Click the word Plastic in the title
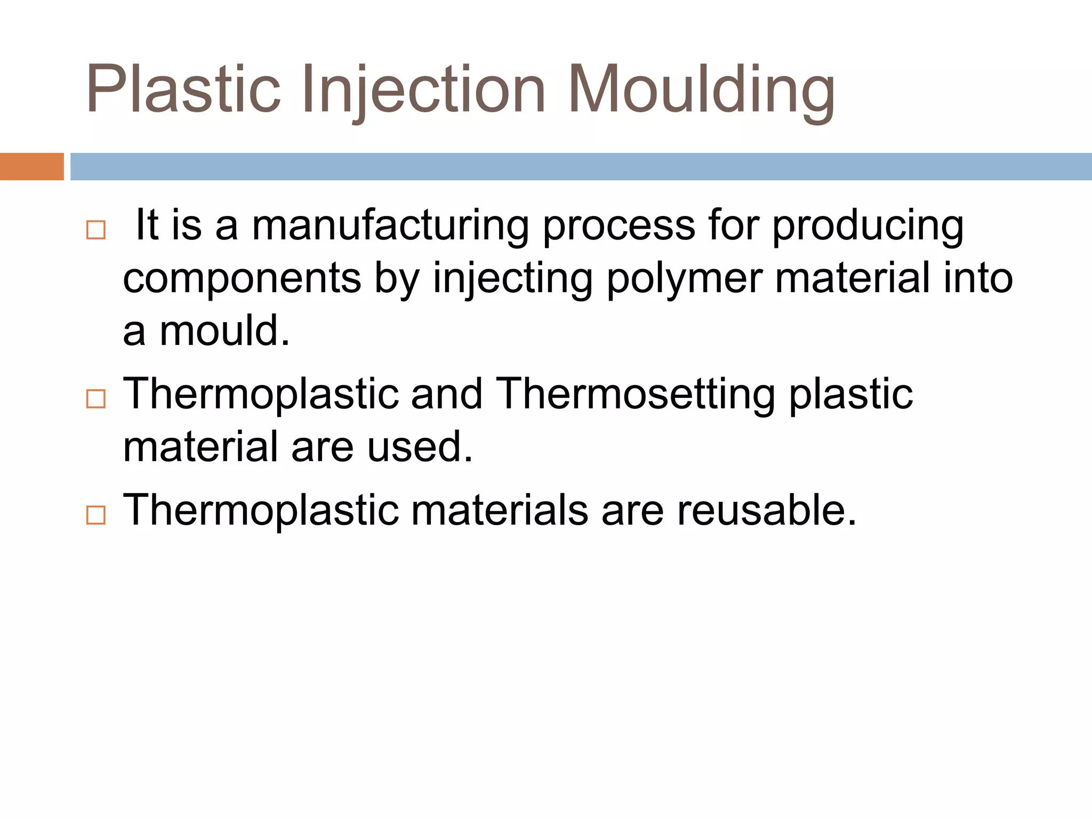click(183, 89)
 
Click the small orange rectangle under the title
click(31, 166)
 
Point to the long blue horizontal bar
click(581, 166)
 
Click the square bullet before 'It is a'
click(96, 230)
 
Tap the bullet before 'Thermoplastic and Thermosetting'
click(96, 399)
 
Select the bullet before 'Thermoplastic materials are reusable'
click(96, 515)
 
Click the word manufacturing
click(390, 226)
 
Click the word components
click(242, 279)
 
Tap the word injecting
click(512, 279)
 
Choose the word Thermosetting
click(635, 395)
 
